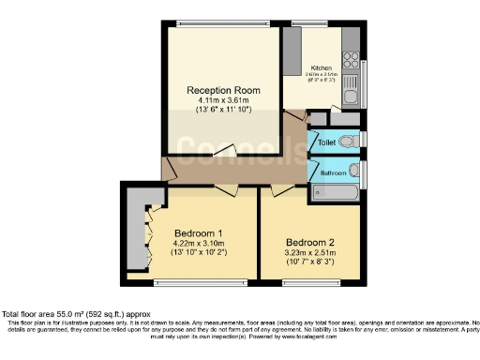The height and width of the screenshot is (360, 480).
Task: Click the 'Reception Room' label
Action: [222, 90]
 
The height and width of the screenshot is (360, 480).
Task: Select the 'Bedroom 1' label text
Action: [198, 232]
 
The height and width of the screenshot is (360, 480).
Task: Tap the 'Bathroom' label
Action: [333, 172]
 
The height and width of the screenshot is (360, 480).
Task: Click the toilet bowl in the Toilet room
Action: [350, 142]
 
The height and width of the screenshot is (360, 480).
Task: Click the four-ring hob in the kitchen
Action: [352, 58]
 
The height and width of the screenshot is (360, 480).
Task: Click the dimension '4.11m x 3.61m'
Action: [222, 100]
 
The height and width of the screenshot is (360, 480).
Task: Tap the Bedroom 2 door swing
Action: [281, 190]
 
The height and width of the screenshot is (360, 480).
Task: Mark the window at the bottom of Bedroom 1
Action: [202, 280]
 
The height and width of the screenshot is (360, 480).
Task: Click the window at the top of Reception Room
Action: [223, 23]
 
